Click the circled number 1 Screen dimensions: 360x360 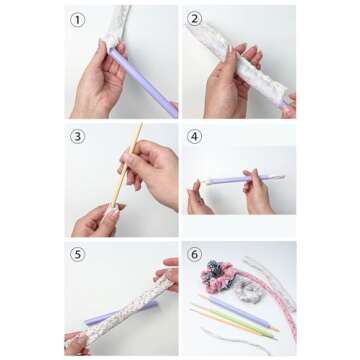[76, 20]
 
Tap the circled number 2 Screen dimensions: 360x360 [195, 20]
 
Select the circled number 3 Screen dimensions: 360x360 [76, 136]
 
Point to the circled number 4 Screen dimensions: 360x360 [195, 136]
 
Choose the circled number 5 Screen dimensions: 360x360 [76, 254]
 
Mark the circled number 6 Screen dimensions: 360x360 [195, 254]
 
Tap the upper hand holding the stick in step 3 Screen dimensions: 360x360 [150, 165]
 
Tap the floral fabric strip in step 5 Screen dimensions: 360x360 [120, 305]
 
